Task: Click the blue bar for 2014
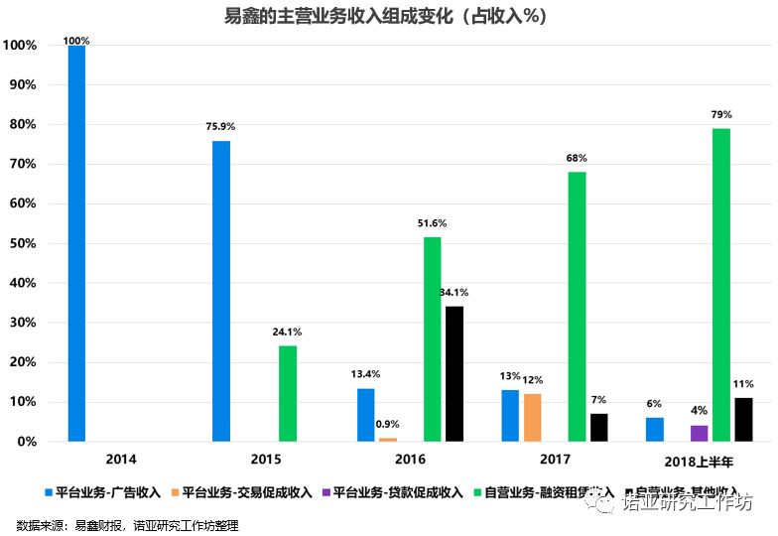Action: (76, 243)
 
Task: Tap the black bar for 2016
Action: (454, 373)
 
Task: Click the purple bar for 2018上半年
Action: (700, 433)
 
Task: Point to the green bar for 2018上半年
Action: (721, 285)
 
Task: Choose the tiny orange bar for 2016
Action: (387, 439)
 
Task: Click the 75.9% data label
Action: (220, 127)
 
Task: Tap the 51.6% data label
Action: (432, 223)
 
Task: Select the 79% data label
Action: (721, 114)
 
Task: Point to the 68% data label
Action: (577, 158)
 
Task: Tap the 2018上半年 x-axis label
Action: (700, 461)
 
